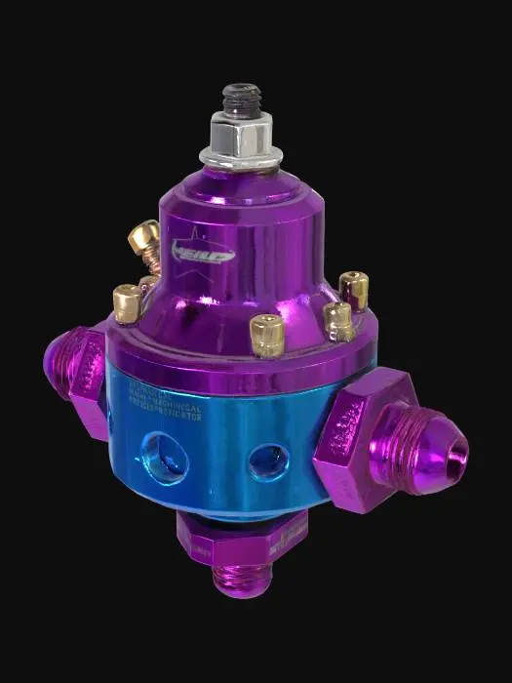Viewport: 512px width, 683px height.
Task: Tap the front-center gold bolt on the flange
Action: pos(265,334)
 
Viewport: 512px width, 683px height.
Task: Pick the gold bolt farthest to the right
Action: pos(354,289)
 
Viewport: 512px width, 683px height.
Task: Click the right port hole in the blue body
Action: pos(268,462)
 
